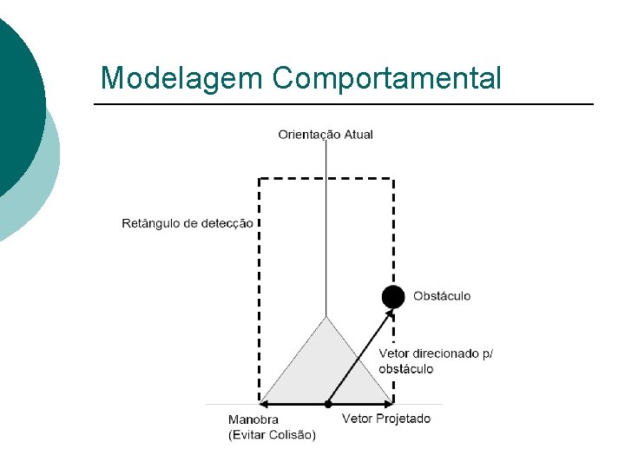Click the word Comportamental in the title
(x=386, y=79)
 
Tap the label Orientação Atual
(x=326, y=135)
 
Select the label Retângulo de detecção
(x=187, y=223)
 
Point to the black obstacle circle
(x=393, y=296)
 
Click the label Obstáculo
(x=442, y=296)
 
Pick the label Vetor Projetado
(x=385, y=419)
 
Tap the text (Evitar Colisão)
(x=272, y=434)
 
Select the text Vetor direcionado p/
(x=435, y=353)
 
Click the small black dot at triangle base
(x=327, y=404)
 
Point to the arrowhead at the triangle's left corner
(x=265, y=404)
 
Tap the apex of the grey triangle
(x=326, y=318)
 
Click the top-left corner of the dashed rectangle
(x=260, y=180)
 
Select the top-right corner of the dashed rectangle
(x=393, y=180)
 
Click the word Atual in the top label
(x=359, y=135)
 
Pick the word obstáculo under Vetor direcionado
(x=405, y=368)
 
